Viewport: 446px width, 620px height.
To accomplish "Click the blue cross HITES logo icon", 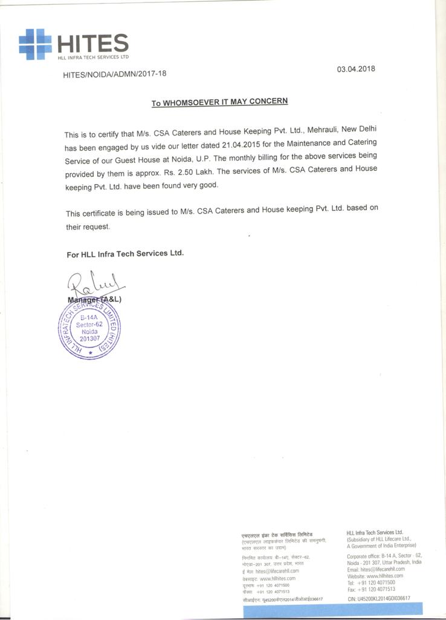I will tap(35, 44).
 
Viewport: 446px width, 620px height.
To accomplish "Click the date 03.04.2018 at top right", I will tap(356, 68).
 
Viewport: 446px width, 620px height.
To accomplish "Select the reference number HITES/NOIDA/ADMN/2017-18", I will tap(114, 74).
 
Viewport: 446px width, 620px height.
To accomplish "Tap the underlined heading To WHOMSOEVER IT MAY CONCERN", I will tap(219, 102).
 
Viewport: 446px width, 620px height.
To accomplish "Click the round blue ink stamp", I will tap(89, 329).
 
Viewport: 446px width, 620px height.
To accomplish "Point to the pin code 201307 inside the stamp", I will tap(89, 338).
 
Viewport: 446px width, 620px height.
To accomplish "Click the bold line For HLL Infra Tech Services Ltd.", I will tap(125, 254).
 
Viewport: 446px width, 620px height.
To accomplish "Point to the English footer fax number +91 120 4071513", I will tap(377, 589).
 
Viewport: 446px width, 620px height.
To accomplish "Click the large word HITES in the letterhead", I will tap(92, 43).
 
